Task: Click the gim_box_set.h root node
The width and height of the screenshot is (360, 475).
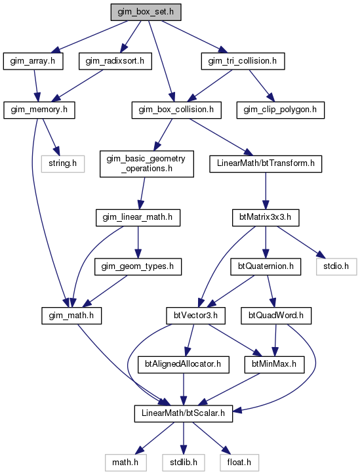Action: coord(146,12)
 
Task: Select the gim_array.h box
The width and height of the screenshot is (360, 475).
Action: coord(33,61)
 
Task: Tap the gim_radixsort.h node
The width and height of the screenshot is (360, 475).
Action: coord(115,61)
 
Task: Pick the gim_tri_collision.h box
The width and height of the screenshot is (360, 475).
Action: coord(243,61)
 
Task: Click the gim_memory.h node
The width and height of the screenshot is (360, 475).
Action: coord(39,110)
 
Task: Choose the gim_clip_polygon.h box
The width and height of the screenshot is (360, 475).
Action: coord(281,110)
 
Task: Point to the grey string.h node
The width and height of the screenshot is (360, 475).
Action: coord(63,164)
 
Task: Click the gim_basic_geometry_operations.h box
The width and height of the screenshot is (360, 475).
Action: coord(147,164)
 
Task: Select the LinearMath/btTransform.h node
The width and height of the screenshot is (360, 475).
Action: coord(266,164)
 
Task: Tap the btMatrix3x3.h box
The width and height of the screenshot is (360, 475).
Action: coord(266,218)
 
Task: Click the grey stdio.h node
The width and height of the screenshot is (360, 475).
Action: coord(336,266)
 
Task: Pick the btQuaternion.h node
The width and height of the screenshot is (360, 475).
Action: coord(266,266)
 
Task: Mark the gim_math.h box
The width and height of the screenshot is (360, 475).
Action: coord(71,316)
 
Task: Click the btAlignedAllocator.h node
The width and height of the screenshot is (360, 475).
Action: coord(183,364)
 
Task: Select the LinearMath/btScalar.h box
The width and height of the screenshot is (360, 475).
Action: coord(184,413)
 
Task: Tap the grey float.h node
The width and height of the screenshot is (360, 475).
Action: coord(239,463)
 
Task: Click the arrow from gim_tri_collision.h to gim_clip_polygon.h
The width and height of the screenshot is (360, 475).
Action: coord(262,86)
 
